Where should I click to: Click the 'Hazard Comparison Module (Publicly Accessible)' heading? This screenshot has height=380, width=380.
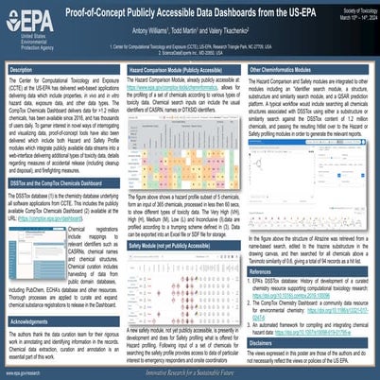click(178, 70)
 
